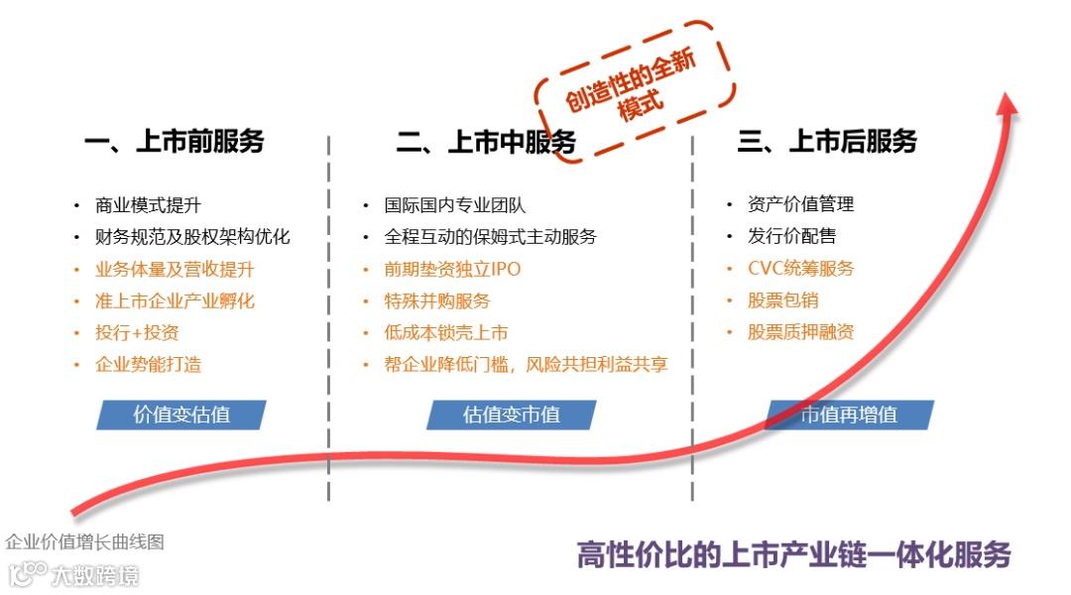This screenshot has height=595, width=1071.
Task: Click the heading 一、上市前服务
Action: point(175,142)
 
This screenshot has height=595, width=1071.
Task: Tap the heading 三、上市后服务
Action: point(827,142)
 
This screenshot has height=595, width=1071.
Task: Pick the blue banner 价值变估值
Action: point(181,415)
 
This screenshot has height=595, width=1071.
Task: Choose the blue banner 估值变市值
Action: point(512,415)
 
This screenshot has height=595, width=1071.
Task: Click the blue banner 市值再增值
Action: point(849,415)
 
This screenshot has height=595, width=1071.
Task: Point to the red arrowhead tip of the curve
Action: point(1010,99)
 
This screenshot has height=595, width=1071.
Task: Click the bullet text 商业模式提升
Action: point(148,205)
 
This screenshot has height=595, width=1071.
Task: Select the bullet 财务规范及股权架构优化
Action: point(192,237)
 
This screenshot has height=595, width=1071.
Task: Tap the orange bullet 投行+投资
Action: point(137,332)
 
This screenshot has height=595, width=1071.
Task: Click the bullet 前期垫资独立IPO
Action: point(452,269)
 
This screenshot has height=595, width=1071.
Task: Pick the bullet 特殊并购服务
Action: point(437,300)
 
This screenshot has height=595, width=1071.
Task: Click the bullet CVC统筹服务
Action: point(800,269)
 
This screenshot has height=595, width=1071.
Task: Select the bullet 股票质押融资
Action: point(800,332)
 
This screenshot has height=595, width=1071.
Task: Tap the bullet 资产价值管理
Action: point(800,204)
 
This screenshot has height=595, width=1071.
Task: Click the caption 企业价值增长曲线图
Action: point(84,542)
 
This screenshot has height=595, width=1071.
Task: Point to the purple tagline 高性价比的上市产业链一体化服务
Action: point(793,554)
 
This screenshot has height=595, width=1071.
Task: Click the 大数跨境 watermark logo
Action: point(74,574)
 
